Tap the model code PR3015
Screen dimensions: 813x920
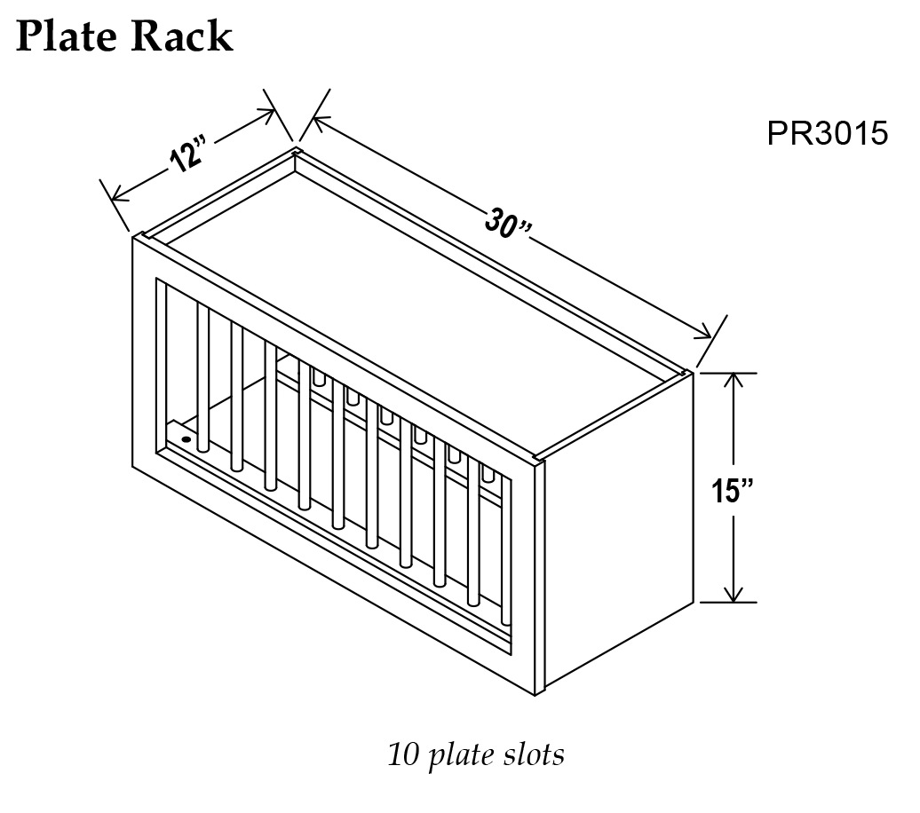click(827, 134)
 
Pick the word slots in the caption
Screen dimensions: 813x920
click(534, 755)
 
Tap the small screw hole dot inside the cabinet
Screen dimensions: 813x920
click(186, 438)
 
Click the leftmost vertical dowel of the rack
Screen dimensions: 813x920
click(203, 376)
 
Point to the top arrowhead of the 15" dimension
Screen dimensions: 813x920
click(734, 379)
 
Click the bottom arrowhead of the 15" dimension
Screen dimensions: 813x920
click(734, 596)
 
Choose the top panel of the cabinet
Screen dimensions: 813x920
click(417, 302)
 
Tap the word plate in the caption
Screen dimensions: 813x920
click(463, 756)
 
